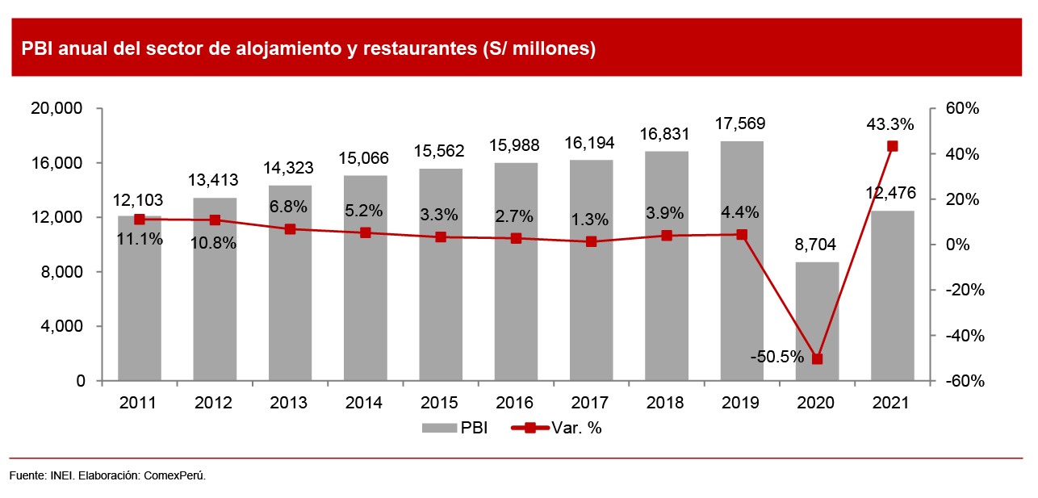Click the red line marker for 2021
pos(893,146)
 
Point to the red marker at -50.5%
pos(817,359)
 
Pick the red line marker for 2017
pos(591,241)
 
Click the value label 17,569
pos(741,124)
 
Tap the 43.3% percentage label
pos(889,125)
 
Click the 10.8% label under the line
pos(213,242)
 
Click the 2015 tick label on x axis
pos(440,403)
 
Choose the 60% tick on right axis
pos(962,109)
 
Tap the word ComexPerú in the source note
pos(174,476)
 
